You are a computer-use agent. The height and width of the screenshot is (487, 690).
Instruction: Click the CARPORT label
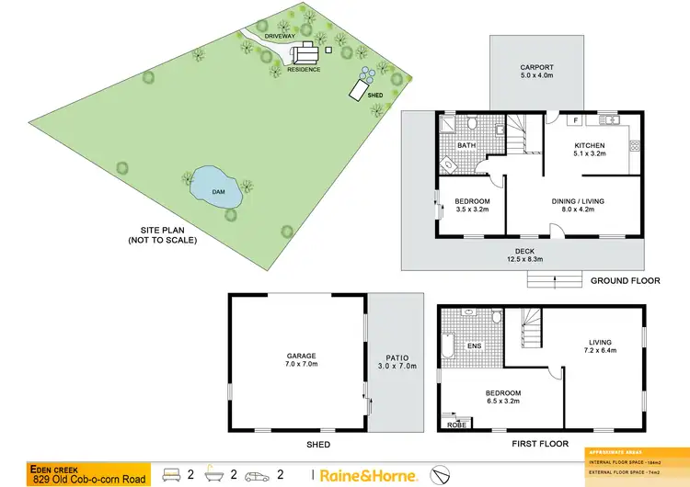(x=536, y=67)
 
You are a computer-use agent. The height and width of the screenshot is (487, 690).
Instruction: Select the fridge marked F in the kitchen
(x=572, y=119)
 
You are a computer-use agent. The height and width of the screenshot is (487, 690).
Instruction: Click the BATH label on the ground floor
(x=467, y=145)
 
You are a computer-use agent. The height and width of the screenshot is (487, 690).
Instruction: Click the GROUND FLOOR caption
(x=622, y=281)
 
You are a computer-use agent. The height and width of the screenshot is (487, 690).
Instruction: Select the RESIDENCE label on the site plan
(x=304, y=70)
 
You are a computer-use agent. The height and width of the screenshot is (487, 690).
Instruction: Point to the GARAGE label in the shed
(x=301, y=356)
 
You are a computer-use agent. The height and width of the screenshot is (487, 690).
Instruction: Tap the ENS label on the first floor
(x=476, y=346)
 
